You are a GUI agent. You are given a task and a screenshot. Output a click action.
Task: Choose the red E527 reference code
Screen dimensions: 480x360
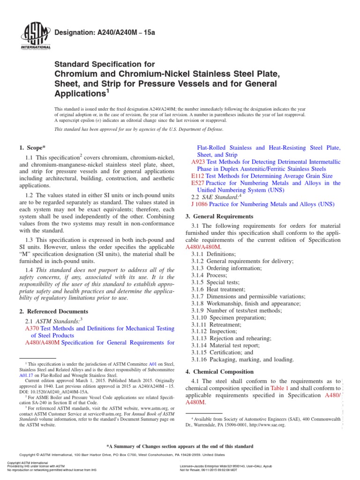tap(193, 183)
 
